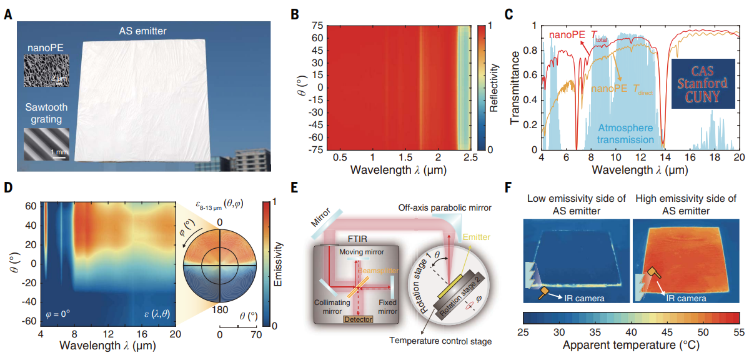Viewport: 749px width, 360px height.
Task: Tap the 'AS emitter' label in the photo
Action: click(x=147, y=31)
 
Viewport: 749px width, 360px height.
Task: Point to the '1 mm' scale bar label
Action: click(x=59, y=152)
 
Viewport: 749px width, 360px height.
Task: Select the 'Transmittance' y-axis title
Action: click(x=516, y=87)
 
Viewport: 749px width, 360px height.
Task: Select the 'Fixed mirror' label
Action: click(x=389, y=306)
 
